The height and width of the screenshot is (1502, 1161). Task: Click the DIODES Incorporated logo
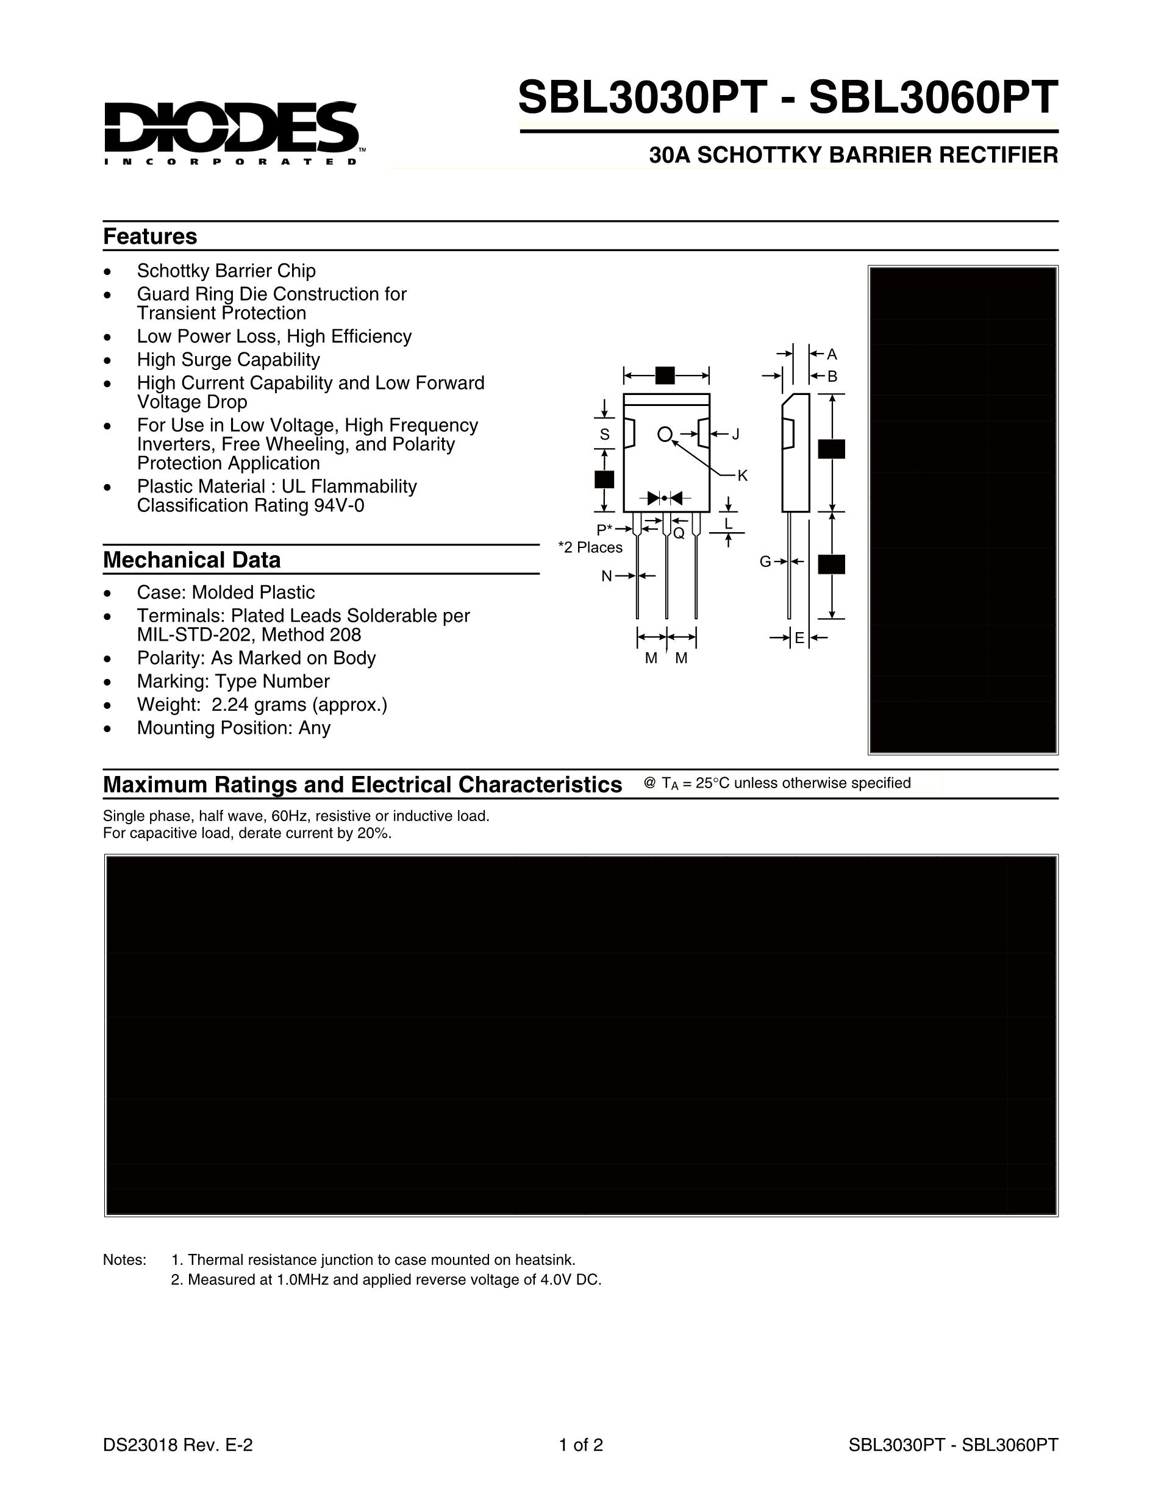[x=231, y=133]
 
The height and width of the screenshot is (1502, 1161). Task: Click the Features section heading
[x=150, y=237]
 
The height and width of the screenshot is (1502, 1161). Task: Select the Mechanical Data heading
[x=192, y=560]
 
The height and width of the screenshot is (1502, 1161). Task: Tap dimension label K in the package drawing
[x=742, y=476]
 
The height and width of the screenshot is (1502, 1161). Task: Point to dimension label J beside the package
[x=735, y=434]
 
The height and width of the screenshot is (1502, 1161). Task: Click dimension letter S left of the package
[x=604, y=435]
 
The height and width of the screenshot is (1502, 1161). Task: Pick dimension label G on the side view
[x=765, y=562]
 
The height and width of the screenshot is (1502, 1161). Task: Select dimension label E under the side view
[x=799, y=638]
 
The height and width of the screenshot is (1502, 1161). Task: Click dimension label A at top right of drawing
[x=832, y=354]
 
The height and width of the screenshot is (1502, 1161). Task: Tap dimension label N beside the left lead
[x=607, y=576]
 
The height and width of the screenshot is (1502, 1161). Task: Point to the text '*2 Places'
[x=590, y=547]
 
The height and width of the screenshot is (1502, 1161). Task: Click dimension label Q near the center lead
[x=679, y=533]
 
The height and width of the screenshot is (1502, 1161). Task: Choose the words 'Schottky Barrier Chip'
[x=226, y=271]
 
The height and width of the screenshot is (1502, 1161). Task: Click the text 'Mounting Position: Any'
[x=234, y=728]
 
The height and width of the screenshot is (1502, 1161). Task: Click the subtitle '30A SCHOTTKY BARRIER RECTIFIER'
[x=854, y=155]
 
